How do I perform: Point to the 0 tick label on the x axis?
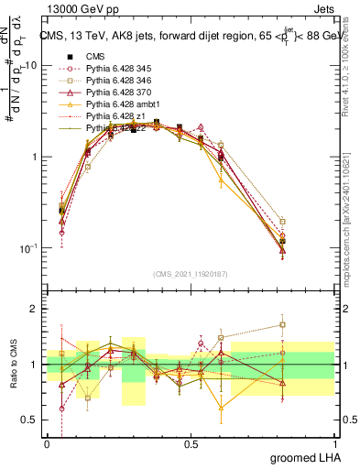47,442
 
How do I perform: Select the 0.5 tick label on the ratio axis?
31,420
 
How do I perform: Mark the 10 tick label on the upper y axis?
30,66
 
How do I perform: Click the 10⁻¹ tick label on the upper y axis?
27,248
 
